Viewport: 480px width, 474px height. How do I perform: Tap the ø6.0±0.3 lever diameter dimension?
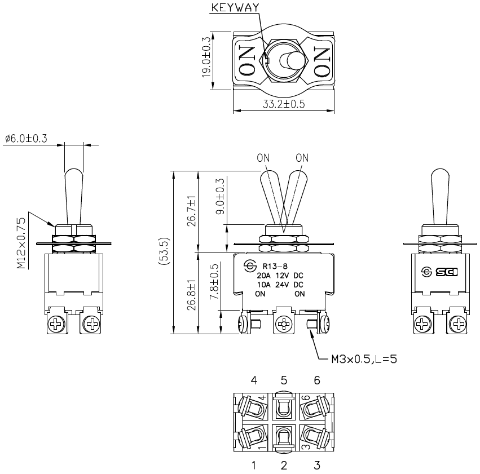26,138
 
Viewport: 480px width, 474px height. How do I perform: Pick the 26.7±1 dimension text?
191,211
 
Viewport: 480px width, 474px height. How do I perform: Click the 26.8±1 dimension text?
191,293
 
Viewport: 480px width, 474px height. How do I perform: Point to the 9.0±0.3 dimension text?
220,196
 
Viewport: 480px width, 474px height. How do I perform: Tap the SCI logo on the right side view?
441,272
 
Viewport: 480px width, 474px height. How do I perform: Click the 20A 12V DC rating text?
280,276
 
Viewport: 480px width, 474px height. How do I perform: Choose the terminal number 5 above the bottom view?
284,381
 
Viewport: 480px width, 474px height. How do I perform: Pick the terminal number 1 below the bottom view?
254,466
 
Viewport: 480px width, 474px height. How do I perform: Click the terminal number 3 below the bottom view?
317,466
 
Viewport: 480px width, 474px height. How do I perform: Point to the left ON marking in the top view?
247,60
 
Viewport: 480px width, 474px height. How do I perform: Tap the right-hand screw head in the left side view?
91,324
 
